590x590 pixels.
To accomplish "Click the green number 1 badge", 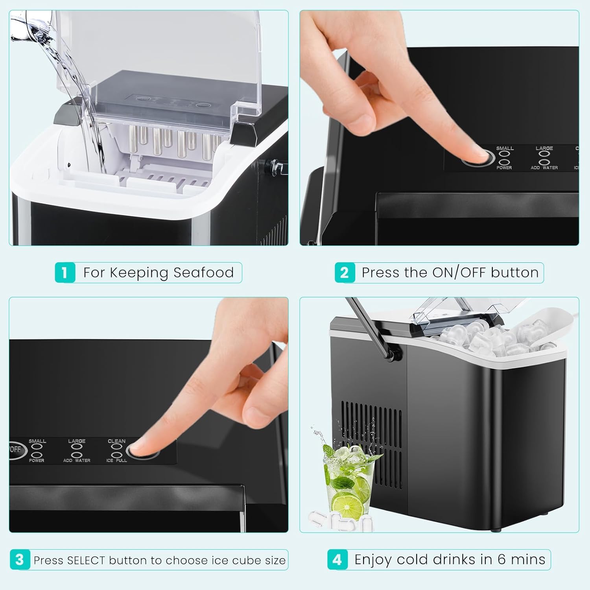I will pos(65,273).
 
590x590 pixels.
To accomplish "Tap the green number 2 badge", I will pos(345,273).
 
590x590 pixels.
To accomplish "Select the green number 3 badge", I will pos(20,560).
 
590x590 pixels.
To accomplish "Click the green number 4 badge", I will pos(337,560).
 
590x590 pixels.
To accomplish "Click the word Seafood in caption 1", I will pos(203,273).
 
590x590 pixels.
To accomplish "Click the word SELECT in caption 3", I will pos(86,560).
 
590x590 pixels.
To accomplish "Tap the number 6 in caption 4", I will pos(501,559).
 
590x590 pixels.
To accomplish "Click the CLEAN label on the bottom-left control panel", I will pos(116,441).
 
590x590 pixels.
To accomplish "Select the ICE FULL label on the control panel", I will pos(116,460).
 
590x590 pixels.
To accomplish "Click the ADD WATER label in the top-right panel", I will pos(544,168).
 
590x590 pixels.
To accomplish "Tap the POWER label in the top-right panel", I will pos(504,168).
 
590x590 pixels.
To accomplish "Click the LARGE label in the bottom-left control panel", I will pos(77,441).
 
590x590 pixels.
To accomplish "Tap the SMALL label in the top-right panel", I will pos(505,148).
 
